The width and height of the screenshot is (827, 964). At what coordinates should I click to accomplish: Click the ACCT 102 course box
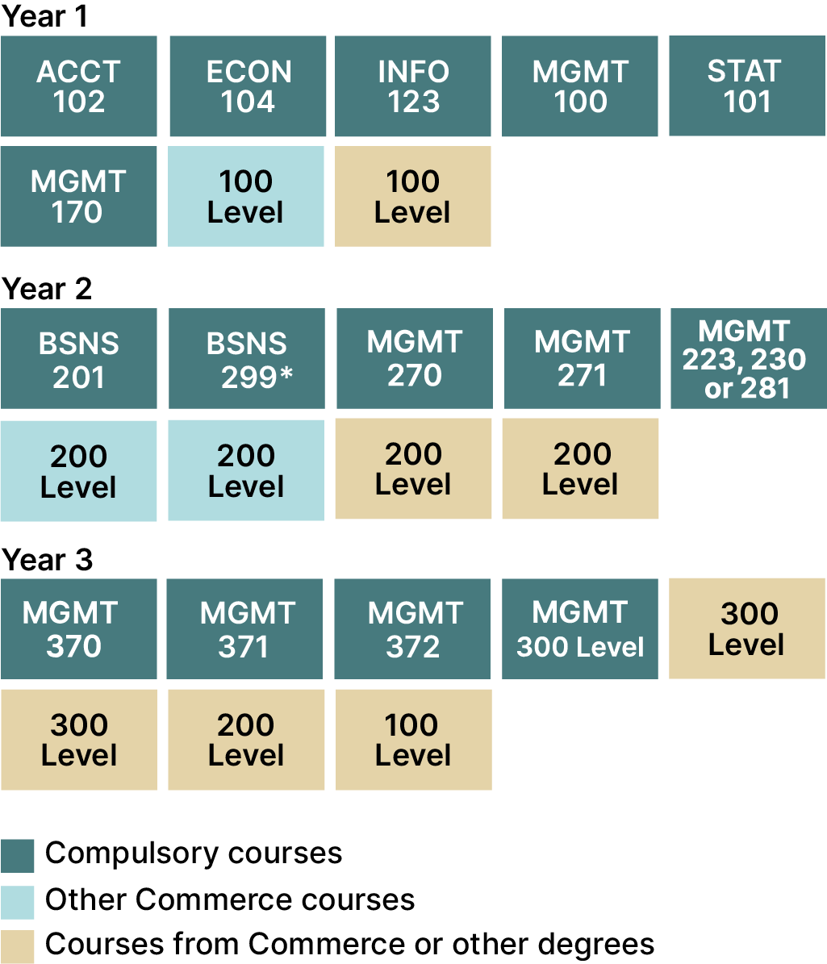tap(79, 86)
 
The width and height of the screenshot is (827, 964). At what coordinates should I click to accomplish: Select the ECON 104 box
tap(248, 86)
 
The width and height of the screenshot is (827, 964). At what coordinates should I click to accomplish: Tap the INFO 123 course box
tap(412, 86)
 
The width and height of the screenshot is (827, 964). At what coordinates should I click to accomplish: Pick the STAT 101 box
tap(747, 86)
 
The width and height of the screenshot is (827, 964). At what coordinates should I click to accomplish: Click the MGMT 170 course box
tap(79, 196)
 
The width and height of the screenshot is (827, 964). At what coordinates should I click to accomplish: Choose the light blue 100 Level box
tap(246, 196)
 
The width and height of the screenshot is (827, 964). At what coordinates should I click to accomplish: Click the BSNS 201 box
tap(79, 358)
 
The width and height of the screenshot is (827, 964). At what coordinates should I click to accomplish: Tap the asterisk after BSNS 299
tap(286, 373)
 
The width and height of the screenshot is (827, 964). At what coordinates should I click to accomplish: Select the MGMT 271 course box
tap(583, 358)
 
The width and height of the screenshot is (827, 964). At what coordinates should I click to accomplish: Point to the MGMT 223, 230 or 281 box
tap(749, 358)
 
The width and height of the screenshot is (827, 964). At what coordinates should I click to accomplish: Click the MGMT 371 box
tap(244, 629)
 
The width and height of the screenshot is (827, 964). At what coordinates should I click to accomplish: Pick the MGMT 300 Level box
tap(580, 629)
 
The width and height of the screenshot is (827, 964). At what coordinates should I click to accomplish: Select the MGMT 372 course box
tap(412, 629)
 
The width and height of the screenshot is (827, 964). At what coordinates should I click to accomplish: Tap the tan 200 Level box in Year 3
tap(246, 740)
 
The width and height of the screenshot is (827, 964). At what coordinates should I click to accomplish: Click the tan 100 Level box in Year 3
tap(414, 740)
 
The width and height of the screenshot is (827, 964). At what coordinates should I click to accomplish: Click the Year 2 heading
tap(47, 289)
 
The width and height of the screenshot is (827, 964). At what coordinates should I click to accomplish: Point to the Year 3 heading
tap(48, 560)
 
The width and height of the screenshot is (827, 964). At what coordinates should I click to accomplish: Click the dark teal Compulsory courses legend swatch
tap(17, 856)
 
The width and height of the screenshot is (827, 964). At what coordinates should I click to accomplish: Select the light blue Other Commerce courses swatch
tap(17, 902)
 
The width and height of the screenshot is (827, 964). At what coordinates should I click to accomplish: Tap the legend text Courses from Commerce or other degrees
tap(350, 945)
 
